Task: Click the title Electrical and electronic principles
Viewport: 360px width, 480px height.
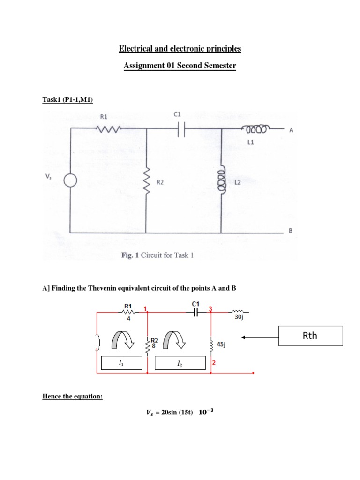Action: coord(180,48)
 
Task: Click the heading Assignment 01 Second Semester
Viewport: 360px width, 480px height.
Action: coord(180,66)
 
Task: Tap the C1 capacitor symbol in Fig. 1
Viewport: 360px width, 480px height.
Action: coord(180,131)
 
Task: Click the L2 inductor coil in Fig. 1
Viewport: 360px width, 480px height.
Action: coord(221,181)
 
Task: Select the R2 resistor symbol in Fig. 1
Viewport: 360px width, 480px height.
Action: coord(146,181)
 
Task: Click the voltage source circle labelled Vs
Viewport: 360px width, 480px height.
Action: coord(70,181)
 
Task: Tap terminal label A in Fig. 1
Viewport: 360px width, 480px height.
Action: coord(291,132)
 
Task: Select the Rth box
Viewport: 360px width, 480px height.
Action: coord(311,336)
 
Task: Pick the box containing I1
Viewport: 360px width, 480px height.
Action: coord(121,363)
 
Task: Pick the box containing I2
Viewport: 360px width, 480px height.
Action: coord(180,363)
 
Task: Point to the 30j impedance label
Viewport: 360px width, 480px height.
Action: coord(238,317)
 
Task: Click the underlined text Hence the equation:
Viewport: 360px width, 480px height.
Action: coord(72,397)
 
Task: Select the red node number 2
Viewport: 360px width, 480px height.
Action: coord(214,363)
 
